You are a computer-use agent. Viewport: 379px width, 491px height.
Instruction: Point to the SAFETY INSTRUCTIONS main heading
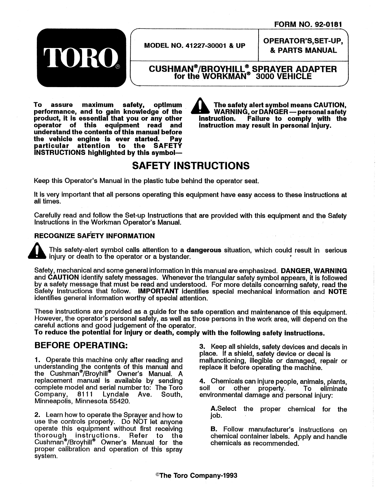[x=191, y=166]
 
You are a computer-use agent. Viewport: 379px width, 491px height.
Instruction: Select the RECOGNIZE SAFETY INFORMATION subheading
[x=94, y=236]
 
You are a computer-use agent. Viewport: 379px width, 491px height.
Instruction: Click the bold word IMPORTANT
[x=158, y=291]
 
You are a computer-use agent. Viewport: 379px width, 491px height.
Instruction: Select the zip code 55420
[x=121, y=401]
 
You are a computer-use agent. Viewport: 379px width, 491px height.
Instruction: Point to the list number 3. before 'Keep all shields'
[x=202, y=347]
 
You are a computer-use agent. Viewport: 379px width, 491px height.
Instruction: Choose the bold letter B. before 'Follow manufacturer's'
[x=214, y=430]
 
